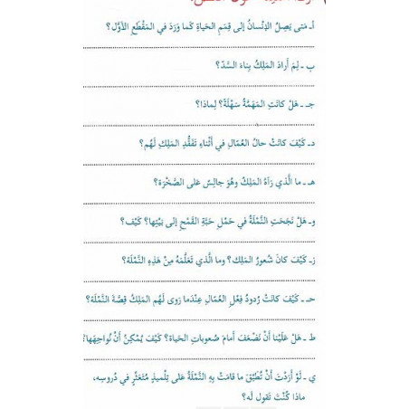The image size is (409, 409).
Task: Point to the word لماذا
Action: click(206, 105)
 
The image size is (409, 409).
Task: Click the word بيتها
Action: click(145, 221)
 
